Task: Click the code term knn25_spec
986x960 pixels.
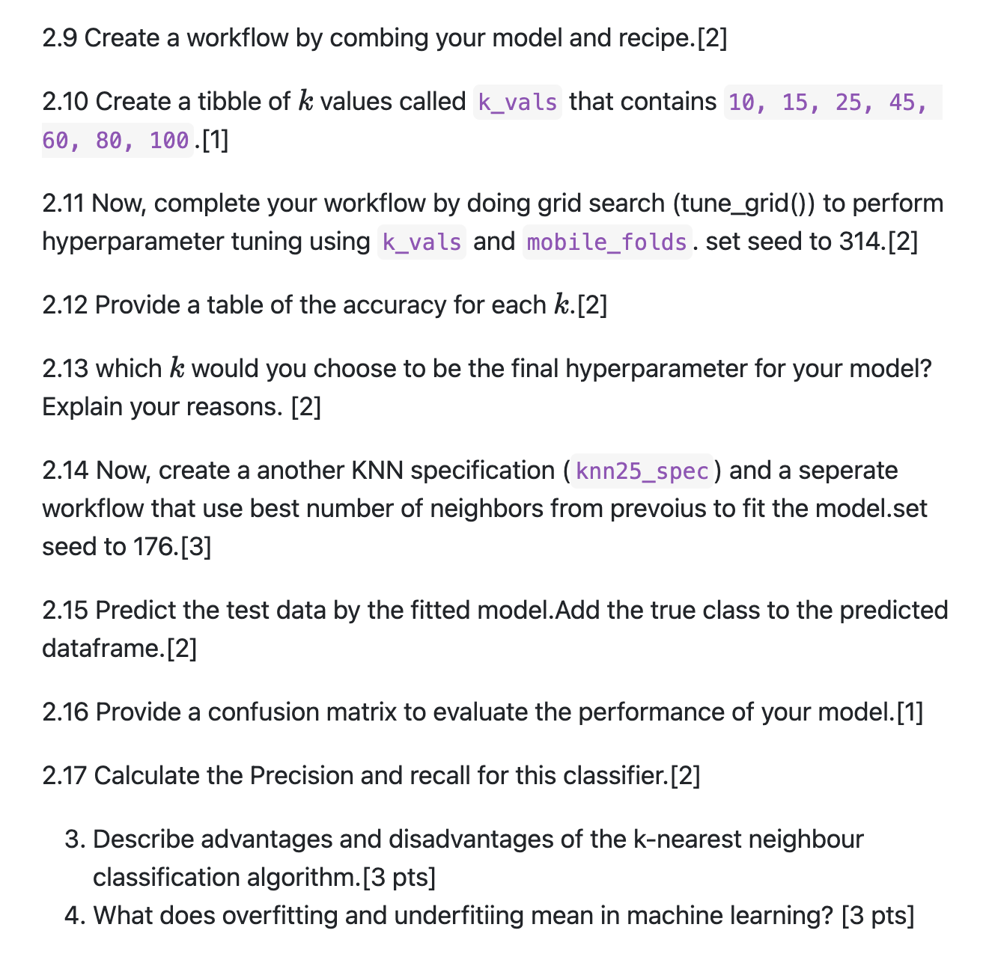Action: coord(642,471)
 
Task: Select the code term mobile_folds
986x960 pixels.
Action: coord(606,242)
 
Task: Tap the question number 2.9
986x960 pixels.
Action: coord(60,38)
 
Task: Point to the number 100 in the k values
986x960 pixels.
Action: coord(169,141)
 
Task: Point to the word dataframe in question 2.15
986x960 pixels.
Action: coord(101,649)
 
